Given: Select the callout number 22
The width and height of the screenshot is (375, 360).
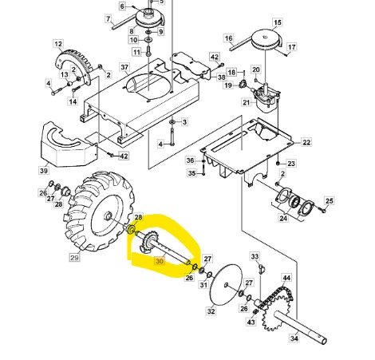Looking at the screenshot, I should [306, 142].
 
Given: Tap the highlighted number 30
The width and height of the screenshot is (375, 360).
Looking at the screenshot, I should [160, 261].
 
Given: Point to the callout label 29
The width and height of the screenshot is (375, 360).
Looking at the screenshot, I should [74, 258].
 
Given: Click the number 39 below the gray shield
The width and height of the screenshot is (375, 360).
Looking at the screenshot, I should [44, 170].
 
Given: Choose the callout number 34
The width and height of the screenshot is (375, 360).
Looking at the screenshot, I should [294, 338].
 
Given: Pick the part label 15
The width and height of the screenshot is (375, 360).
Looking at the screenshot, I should [278, 23].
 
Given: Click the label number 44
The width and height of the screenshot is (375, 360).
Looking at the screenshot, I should [286, 279].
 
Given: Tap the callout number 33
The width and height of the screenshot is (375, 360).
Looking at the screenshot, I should [255, 257].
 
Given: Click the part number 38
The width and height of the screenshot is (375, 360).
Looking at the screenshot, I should [221, 77].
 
